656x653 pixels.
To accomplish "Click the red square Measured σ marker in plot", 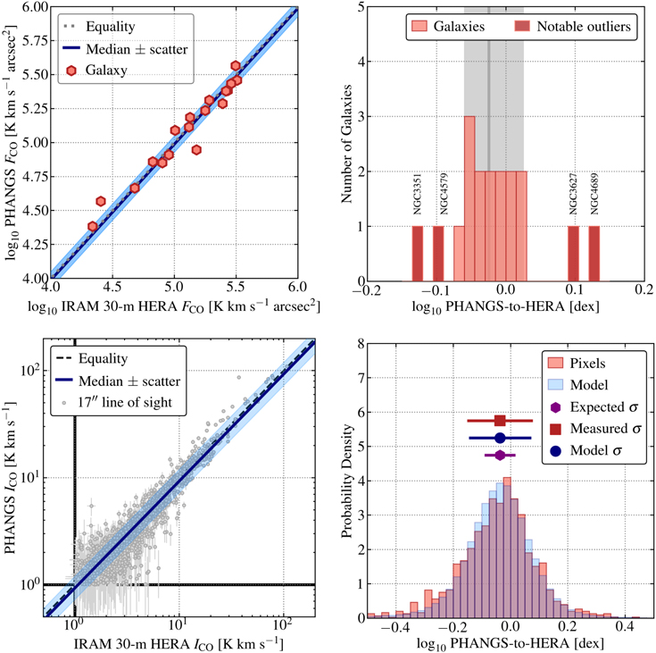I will (500, 420).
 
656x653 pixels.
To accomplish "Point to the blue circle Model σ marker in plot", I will (500, 438).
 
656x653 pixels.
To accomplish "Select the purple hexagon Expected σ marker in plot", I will (500, 455).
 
